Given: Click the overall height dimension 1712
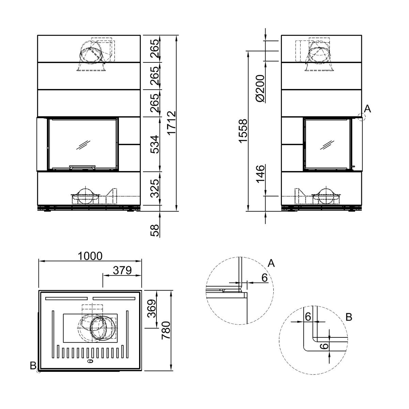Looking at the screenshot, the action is coord(171,122).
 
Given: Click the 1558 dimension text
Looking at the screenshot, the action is coord(243,131).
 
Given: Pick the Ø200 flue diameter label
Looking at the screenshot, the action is coord(261,89).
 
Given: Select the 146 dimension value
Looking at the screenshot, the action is coord(261,174).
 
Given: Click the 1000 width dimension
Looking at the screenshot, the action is coord(90,256).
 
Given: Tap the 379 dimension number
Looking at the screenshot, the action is coord(122,270).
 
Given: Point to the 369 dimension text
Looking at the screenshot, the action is coord(152,308).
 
